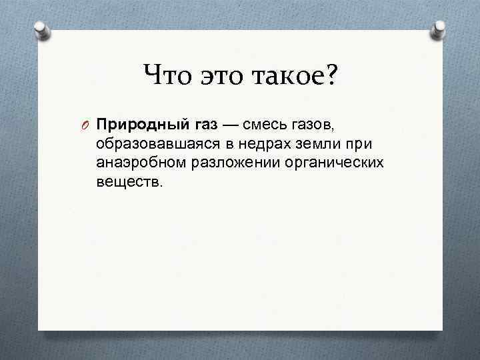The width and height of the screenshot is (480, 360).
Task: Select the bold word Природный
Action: (135, 125)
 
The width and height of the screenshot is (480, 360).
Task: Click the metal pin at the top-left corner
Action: (41, 31)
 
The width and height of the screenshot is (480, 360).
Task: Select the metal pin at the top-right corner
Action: (439, 31)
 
